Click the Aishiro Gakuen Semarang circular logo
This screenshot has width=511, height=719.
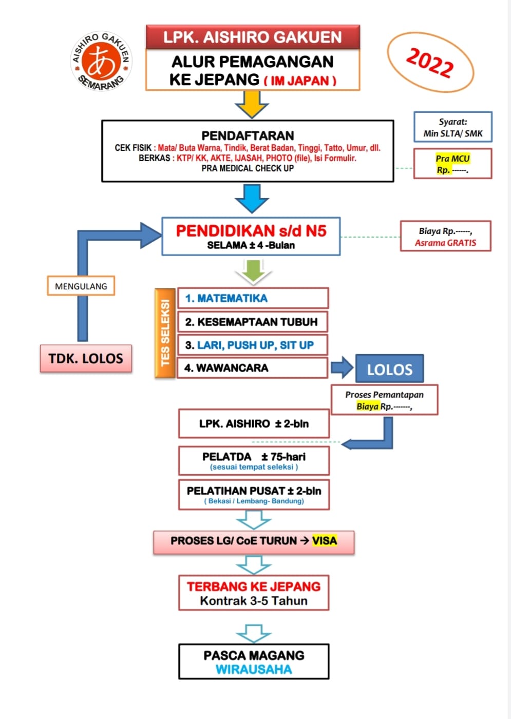click(x=101, y=61)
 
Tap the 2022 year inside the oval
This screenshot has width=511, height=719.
click(x=430, y=62)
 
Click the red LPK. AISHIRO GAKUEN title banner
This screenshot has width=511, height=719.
click(x=253, y=37)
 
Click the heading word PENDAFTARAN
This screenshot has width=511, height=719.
click(x=248, y=135)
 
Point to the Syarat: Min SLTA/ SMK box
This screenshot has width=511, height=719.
click(x=452, y=127)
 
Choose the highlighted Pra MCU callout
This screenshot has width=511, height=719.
click(x=452, y=164)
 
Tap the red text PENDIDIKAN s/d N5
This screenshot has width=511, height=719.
click(x=251, y=231)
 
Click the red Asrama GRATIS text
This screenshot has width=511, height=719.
click(x=445, y=243)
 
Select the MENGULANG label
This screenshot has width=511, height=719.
click(x=81, y=286)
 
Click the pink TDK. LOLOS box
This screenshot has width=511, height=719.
click(x=86, y=358)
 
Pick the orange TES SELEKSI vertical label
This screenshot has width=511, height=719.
click(x=165, y=333)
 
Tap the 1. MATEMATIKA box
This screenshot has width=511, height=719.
click(x=253, y=298)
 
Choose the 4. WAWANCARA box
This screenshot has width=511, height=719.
click(x=253, y=368)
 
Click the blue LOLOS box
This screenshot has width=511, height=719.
click(x=389, y=369)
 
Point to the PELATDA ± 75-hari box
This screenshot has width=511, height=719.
click(x=254, y=460)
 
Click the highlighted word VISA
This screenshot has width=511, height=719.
click(x=325, y=541)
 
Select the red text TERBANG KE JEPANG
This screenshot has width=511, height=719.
click(x=254, y=587)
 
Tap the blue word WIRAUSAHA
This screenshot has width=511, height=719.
click(x=254, y=669)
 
